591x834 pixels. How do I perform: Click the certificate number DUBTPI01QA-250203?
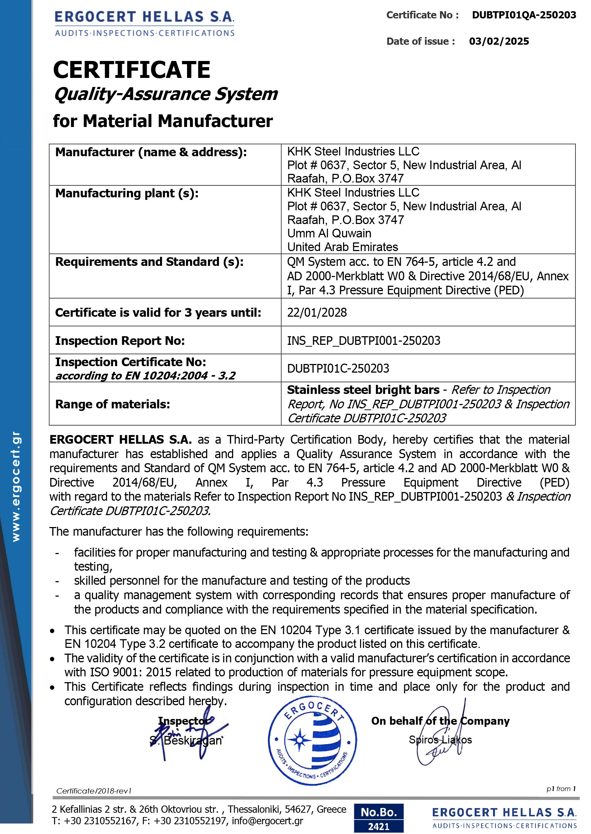pos(524,15)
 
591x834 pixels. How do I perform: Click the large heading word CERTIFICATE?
pos(132,70)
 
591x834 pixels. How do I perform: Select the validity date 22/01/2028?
pos(317,312)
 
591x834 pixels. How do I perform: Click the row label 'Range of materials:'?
pos(112,404)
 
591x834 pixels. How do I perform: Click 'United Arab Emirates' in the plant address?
pos(342,247)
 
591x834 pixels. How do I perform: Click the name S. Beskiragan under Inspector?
pos(186,741)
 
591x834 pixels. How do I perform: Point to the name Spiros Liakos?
pos(440,740)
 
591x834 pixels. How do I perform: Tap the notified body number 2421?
pos(378,826)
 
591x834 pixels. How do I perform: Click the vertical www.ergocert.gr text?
pos(16,487)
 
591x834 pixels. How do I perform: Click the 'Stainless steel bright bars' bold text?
pos(363,390)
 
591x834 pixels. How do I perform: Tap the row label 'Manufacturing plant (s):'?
pos(126,193)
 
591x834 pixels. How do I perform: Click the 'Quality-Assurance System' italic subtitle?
pos(165,94)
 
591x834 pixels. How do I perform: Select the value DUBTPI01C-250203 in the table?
pos(338,369)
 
